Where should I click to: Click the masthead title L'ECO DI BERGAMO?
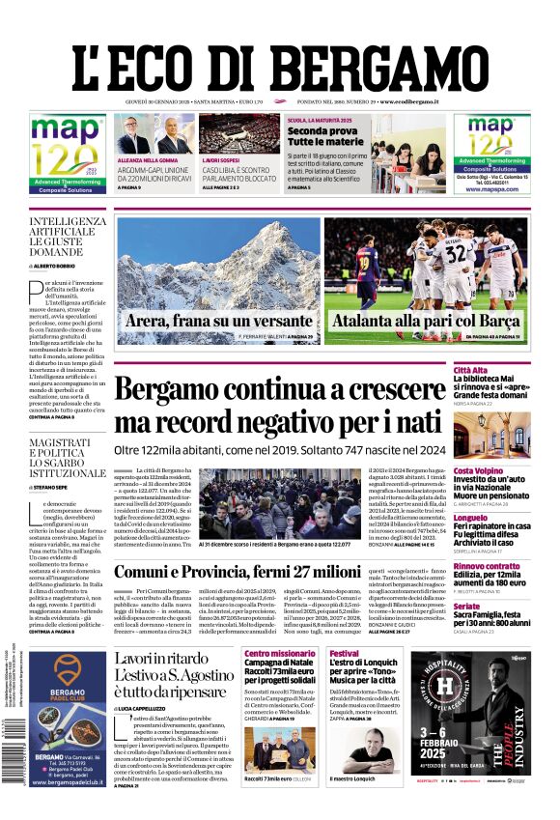coord(280,55)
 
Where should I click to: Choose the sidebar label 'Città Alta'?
coord(470,370)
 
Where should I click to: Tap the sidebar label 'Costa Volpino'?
coord(478,443)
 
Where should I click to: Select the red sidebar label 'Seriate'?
coord(467,606)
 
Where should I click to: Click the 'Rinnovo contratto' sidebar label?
coord(487,566)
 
